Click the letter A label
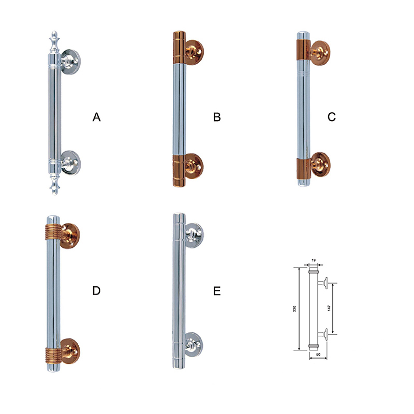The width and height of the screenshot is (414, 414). pos(97,117)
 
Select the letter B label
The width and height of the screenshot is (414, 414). pos(217,117)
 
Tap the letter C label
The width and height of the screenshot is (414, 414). pos(332,117)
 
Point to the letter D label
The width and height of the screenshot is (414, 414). pos(96,291)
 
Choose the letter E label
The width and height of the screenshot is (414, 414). pos(217,291)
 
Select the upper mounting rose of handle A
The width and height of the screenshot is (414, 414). pos(70,62)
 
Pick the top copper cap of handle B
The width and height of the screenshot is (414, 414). pos(179,48)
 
